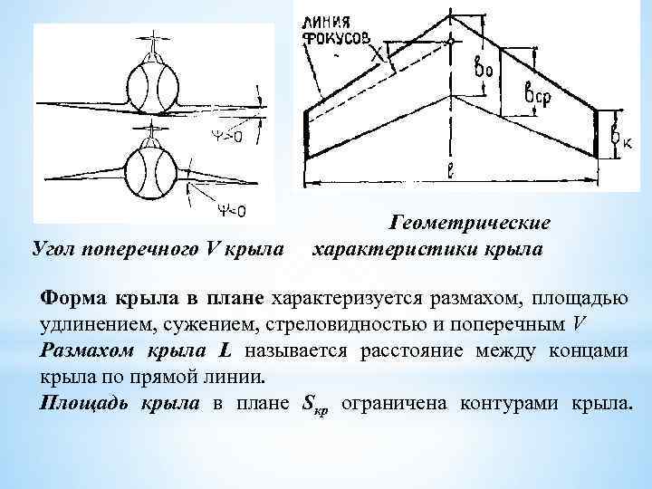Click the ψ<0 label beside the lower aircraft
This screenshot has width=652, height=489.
click(229, 211)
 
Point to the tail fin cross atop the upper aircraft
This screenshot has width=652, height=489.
click(156, 41)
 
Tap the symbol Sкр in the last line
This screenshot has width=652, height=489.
click(312, 404)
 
